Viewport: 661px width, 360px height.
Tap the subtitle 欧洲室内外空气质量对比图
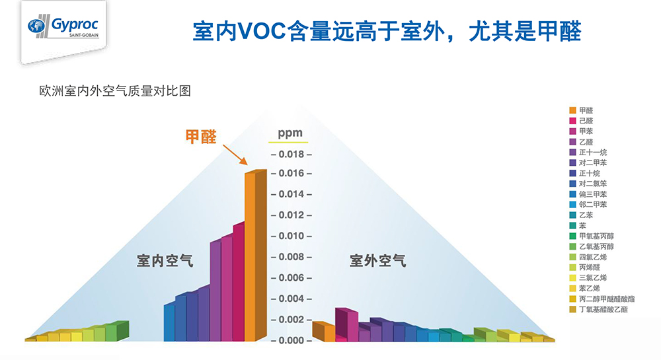coord(116,91)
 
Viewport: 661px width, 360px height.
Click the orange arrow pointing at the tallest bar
coord(234,152)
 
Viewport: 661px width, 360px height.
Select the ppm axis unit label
coord(290,133)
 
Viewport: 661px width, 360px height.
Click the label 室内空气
coord(165,261)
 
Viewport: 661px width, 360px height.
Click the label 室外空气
coord(378,261)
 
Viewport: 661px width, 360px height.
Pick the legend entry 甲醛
coord(586,110)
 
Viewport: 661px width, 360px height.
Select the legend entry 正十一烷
coord(593,152)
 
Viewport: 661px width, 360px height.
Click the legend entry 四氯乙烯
coord(593,257)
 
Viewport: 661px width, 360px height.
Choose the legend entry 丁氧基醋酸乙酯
coord(603,309)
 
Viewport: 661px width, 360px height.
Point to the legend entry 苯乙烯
coord(590,288)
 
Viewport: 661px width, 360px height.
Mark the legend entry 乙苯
coord(586,215)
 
